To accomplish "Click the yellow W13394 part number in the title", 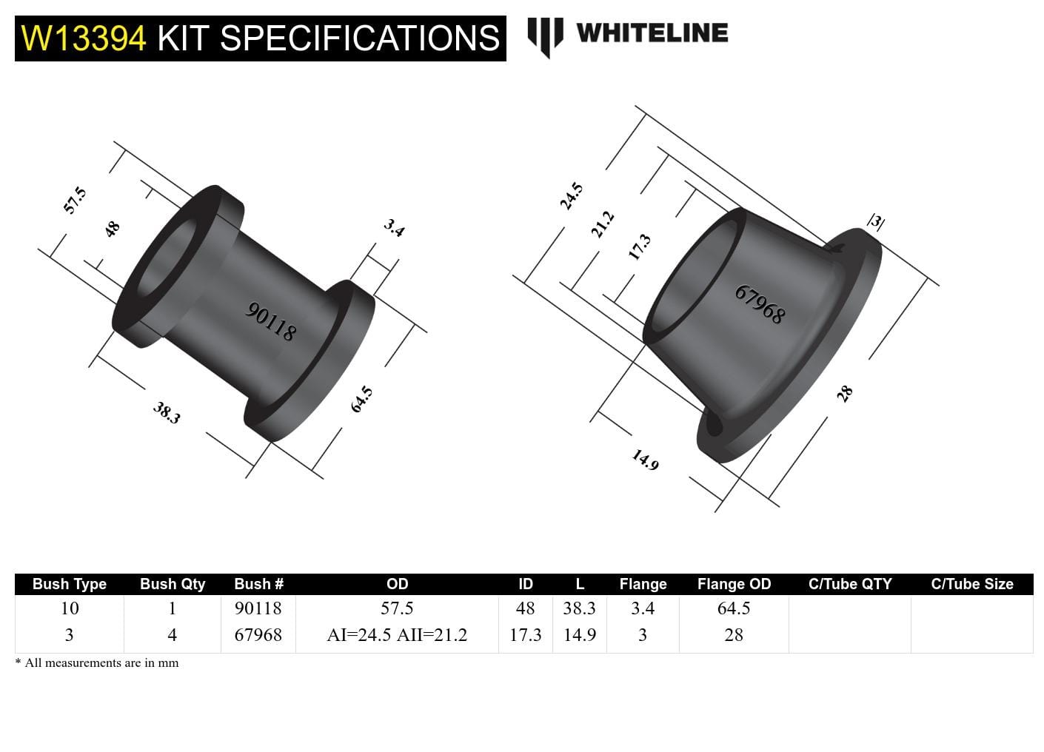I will click(84, 38).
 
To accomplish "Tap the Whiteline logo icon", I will click(545, 36).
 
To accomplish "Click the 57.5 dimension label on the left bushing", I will click(75, 201).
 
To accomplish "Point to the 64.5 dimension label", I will click(361, 400).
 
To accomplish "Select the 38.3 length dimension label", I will click(167, 412).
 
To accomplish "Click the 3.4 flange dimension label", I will click(394, 228).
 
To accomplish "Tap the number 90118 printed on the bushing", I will click(270, 322).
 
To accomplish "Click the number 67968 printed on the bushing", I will click(760, 304).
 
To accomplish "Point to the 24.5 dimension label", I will click(571, 197).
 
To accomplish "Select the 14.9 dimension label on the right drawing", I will click(645, 460).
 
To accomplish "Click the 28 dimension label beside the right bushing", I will click(844, 394).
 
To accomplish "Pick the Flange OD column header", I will click(734, 584).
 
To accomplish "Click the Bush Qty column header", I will click(173, 584).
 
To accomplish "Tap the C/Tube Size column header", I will click(971, 584).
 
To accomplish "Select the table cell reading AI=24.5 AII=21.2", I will click(397, 635).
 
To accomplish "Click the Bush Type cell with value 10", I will click(70, 608).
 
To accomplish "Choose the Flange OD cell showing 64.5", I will click(734, 608).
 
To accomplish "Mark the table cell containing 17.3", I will click(525, 635).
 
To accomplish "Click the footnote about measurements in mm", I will click(97, 663).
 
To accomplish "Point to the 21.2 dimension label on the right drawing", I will click(603, 224).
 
